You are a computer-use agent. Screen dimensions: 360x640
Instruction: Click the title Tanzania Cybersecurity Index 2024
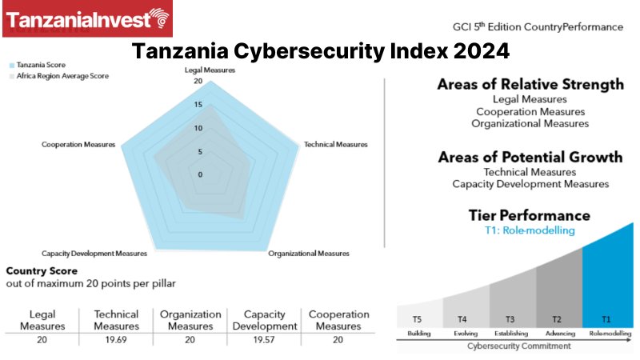tap(320, 52)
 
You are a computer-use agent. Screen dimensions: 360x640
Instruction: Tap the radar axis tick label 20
tap(198, 82)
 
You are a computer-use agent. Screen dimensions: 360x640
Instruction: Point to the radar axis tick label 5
tap(198, 151)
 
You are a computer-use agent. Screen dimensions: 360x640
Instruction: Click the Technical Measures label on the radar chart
tap(336, 145)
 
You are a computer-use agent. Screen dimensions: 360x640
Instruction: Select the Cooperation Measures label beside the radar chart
tap(78, 145)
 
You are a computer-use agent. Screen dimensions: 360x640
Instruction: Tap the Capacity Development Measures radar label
tap(94, 254)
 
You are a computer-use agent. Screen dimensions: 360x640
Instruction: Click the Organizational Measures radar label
tap(309, 254)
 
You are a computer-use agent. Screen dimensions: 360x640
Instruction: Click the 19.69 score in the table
tap(116, 339)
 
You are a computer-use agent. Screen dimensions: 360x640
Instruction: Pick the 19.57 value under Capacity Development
tap(264, 339)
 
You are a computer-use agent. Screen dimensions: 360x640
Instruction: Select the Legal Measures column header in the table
tap(42, 320)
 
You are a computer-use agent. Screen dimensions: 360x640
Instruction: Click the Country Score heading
tap(41, 270)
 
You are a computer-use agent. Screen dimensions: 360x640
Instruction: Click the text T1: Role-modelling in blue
tap(530, 231)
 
